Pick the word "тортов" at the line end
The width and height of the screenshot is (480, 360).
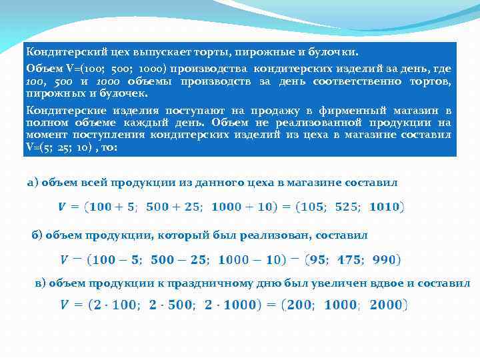[x=431, y=81]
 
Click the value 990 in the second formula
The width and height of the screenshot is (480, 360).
[x=386, y=259]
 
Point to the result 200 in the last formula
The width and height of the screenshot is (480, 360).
[x=301, y=305]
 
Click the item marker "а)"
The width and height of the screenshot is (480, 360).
[x=33, y=182]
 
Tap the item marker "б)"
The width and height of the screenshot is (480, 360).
[x=38, y=235]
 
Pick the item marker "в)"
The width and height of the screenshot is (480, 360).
[x=40, y=283]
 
